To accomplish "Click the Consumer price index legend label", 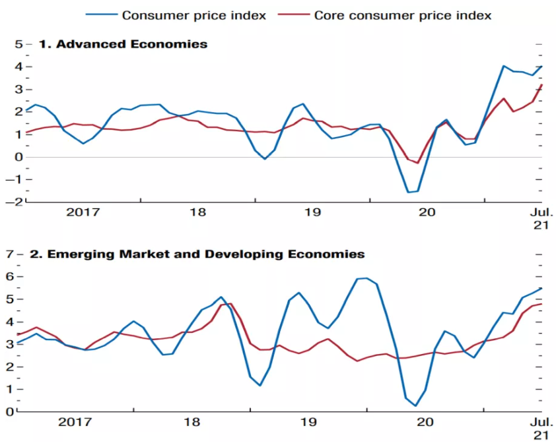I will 194,15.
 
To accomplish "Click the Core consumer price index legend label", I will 402,15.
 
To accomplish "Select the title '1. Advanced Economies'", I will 123,44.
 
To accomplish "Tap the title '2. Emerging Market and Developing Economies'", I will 201,253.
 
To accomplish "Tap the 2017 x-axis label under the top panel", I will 83,212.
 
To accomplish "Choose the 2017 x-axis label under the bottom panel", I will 75,422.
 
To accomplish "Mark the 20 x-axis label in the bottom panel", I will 423,422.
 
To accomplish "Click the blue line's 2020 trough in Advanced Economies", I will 409,193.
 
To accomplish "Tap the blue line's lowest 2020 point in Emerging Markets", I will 416,405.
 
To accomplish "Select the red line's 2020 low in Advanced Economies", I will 417,163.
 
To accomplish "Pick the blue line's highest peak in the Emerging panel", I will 366,278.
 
